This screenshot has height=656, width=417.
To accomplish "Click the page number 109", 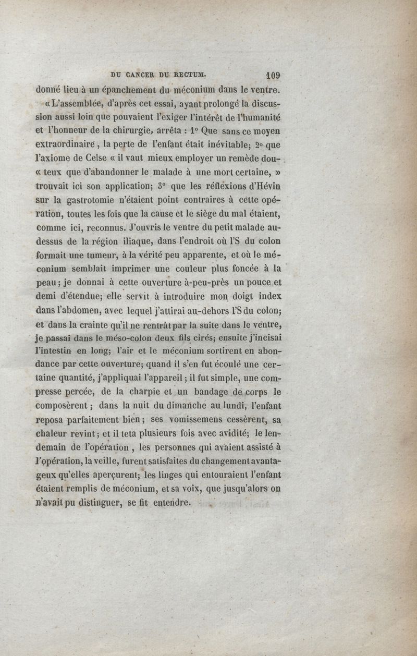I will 273,75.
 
